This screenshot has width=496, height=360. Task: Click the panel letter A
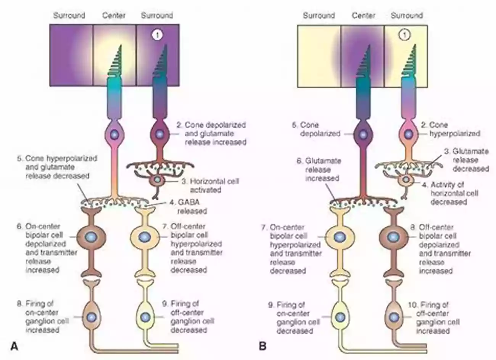14,346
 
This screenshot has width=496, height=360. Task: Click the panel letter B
262,346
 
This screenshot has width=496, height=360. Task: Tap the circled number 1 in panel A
157,35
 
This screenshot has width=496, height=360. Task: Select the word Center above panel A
114,16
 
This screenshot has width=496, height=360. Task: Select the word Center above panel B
363,16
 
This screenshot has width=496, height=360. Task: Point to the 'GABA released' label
187,207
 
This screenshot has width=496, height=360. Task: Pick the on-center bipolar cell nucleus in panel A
91,238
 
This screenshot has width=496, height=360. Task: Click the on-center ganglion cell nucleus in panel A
91,317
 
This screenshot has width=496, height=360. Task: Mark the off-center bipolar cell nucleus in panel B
392,237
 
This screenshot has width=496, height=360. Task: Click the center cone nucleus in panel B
363,134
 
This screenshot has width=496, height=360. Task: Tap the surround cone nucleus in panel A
159,134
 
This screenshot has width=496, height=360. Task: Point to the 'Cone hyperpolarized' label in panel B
450,129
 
